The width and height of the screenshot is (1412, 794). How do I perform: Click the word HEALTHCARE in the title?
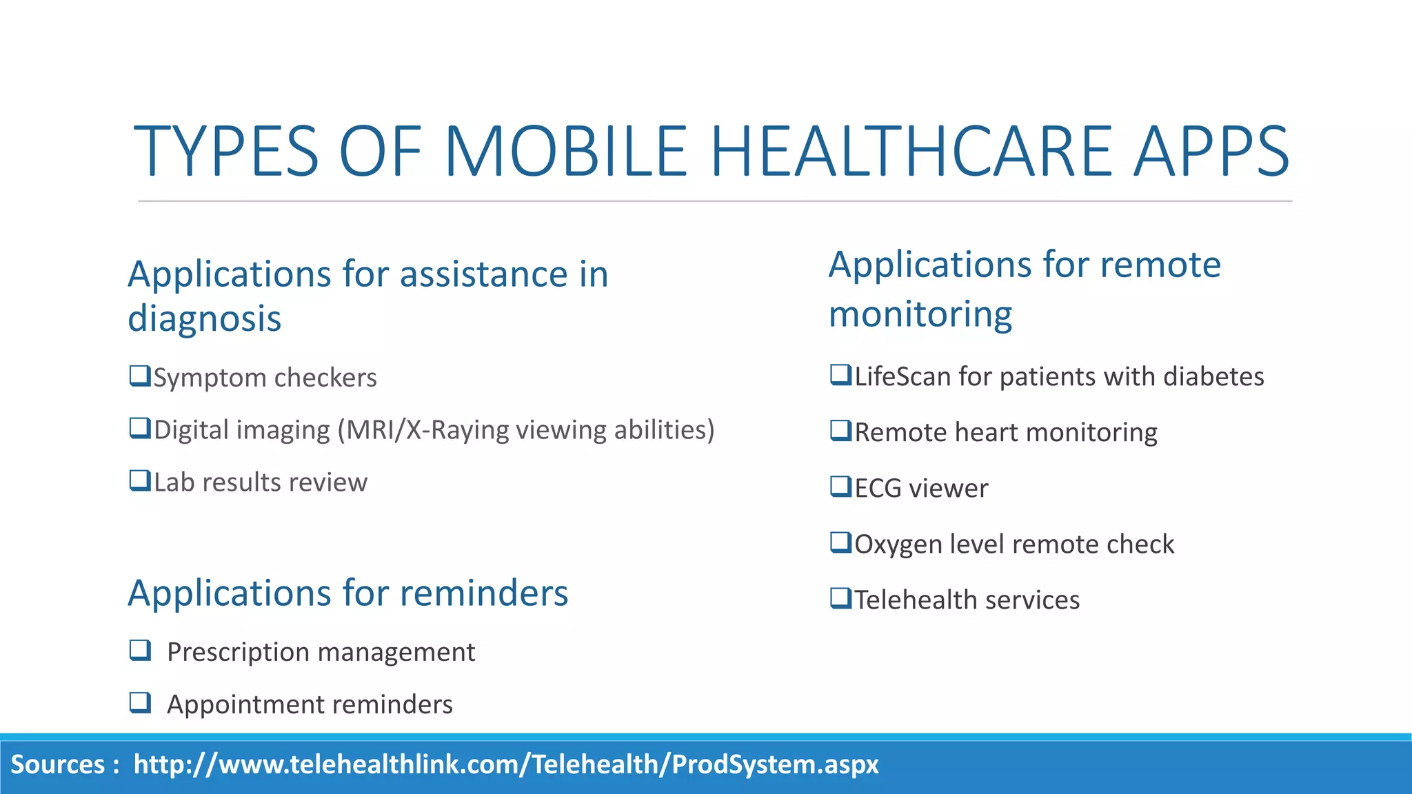[x=910, y=152]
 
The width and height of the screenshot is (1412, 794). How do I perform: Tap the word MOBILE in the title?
[x=565, y=152]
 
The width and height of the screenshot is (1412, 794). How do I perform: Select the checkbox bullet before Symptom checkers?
[x=140, y=376]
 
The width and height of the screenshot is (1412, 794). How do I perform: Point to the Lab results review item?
[x=260, y=482]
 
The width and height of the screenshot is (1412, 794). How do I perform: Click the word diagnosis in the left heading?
[x=205, y=319]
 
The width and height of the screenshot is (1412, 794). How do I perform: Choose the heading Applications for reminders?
[x=347, y=593]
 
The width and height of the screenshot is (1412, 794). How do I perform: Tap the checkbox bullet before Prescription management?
[x=140, y=650]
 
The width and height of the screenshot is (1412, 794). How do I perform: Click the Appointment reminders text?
[x=310, y=704]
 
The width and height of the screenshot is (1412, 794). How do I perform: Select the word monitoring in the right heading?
[x=920, y=314]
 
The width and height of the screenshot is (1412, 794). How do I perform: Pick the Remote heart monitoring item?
[x=1005, y=433]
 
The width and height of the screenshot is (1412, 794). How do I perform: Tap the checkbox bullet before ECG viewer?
[x=841, y=487]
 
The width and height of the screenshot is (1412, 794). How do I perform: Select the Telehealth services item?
[x=967, y=600]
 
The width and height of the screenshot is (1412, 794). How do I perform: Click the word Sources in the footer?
[x=58, y=765]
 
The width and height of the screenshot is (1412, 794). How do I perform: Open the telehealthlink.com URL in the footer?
[x=506, y=765]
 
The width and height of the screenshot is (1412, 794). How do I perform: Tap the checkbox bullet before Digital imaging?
[x=140, y=429]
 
